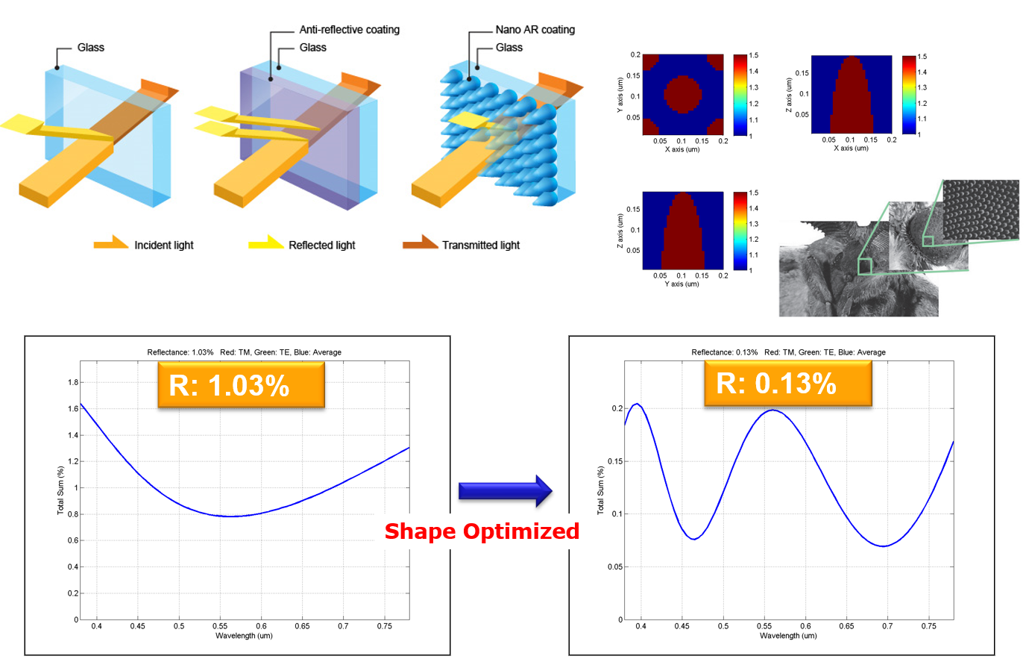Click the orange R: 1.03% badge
[241, 385]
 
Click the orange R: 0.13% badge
[787, 384]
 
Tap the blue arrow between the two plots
[505, 490]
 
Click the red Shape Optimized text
[482, 531]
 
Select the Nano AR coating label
[535, 30]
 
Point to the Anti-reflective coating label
[349, 30]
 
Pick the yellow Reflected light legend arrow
[265, 243]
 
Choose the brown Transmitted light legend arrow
[420, 243]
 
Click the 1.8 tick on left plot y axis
[73, 382]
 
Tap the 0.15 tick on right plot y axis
[616, 461]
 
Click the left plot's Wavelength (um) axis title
[244, 636]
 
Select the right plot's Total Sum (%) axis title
[600, 490]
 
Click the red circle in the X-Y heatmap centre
[682, 94]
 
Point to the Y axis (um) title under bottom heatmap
[682, 284]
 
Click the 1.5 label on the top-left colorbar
[754, 56]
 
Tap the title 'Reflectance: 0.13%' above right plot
[724, 352]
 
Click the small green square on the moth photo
[865, 266]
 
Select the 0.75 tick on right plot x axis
[928, 626]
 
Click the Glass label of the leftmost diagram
[90, 48]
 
